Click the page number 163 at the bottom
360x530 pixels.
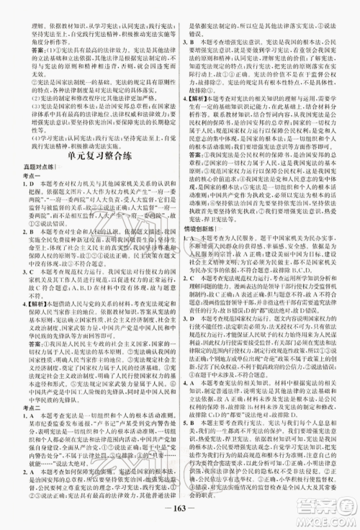(x=180, y=515)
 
